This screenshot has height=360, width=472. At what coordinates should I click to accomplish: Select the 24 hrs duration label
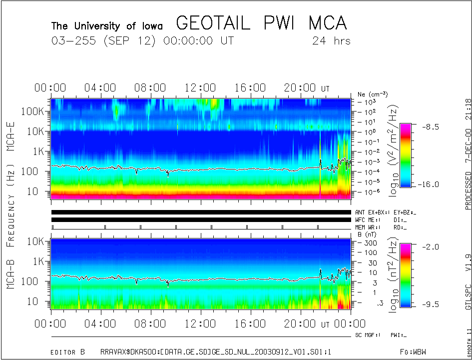(331, 40)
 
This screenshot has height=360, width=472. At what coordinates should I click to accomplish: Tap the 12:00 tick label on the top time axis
(200, 88)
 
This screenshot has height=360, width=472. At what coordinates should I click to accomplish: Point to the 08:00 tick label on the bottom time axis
(151, 324)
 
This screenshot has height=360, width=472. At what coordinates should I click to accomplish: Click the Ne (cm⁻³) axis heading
(373, 94)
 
